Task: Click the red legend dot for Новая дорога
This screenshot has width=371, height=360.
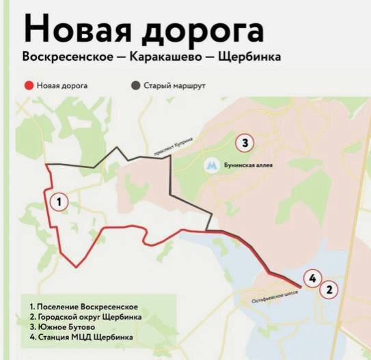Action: coord(28,86)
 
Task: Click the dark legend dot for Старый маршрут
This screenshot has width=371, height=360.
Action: coord(135,86)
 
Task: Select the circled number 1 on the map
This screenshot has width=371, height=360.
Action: coord(59,202)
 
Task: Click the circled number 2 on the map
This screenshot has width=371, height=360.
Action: coord(330,289)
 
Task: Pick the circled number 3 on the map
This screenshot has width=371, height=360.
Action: coord(244,143)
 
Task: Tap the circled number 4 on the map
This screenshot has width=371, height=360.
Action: coord(311,278)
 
